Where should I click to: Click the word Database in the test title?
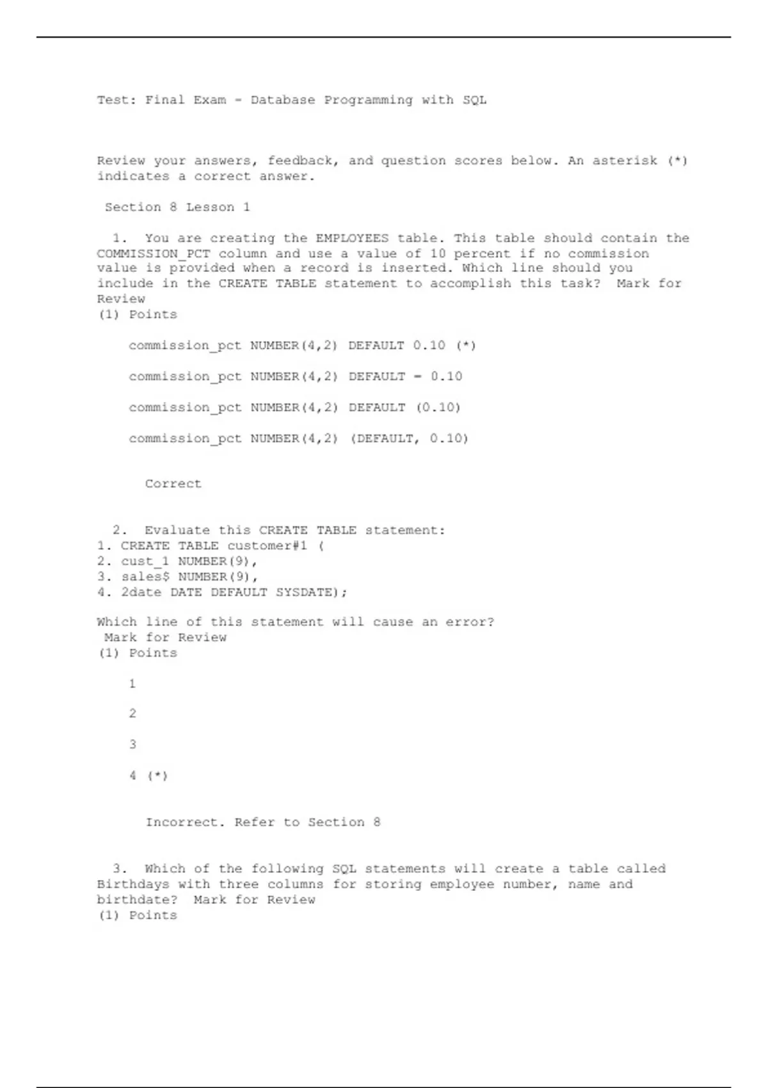(282, 100)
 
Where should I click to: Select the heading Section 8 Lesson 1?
(177, 207)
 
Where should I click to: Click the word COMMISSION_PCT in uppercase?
(153, 253)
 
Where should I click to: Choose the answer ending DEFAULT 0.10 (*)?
(302, 346)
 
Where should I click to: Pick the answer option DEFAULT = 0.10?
(295, 376)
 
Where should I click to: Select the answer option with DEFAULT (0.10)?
(294, 407)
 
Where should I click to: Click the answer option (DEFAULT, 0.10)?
(298, 438)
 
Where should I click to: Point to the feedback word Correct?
(173, 484)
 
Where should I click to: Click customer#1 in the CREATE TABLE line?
(267, 546)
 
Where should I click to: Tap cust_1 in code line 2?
(145, 561)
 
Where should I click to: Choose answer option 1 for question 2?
(132, 684)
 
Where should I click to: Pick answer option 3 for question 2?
(132, 744)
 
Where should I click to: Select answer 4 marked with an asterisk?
(148, 776)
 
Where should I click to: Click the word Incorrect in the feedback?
(185, 822)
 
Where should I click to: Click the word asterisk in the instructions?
(624, 161)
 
